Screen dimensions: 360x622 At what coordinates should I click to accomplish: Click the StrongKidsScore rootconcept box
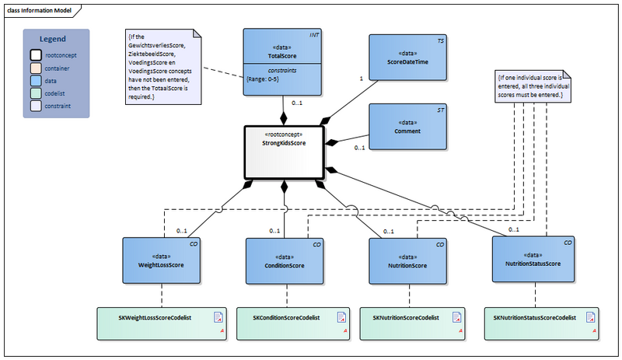pos(285,152)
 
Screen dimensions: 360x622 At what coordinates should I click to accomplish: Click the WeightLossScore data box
pos(162,260)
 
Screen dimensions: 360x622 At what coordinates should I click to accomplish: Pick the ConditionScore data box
pos(285,260)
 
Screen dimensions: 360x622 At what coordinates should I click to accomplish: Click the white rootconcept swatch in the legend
pos(36,55)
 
